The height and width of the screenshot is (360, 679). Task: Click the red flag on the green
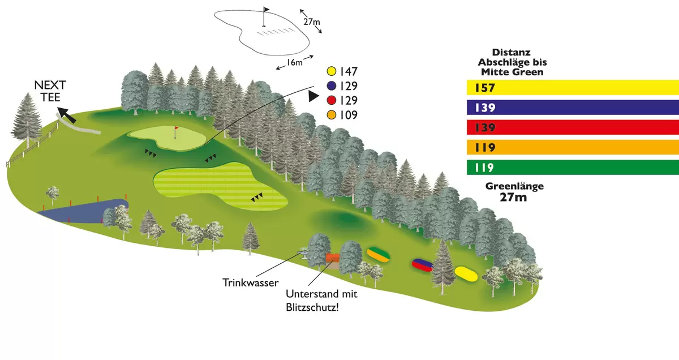pos(175,130)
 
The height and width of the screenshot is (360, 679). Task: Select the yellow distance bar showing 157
pos(572,88)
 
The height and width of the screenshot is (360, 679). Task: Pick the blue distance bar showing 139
pos(572,108)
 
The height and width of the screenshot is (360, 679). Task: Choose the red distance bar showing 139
pos(572,127)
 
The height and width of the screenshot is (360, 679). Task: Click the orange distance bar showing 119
pos(572,148)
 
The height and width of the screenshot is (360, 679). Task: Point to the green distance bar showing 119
pos(572,168)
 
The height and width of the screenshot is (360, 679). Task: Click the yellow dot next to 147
pos(332,71)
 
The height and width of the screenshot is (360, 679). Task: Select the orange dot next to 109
pos(332,115)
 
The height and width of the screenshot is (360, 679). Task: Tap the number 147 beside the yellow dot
pos(349,71)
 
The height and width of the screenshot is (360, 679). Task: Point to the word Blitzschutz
pos(316,307)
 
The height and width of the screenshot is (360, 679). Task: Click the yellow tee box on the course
pos(467,275)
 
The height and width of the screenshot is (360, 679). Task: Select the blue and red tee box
pos(422,264)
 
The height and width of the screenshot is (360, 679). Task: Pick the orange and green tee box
pos(379,254)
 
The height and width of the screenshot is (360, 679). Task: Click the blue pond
pos(85,211)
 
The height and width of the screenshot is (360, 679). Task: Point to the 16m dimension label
pos(294,62)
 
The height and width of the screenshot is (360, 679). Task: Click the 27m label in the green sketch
pos(311,22)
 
